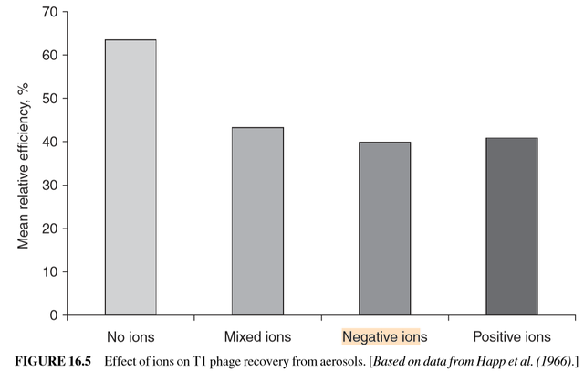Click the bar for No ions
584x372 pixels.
coord(130,177)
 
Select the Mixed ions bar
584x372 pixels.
coord(257,221)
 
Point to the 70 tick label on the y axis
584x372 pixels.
coord(47,12)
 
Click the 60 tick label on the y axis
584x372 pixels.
coord(47,55)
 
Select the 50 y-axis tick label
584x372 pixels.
coord(47,99)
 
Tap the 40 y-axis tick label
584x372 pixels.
coord(47,142)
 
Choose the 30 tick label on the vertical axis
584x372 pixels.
coord(47,185)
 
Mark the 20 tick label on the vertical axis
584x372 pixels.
coord(47,229)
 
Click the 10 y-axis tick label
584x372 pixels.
coord(47,271)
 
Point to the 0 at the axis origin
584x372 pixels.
coord(52,315)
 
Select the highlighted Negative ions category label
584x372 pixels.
coord(384,336)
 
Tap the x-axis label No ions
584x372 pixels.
coord(130,336)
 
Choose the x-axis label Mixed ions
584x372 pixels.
coord(257,336)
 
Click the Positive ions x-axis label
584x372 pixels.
coord(511,336)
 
